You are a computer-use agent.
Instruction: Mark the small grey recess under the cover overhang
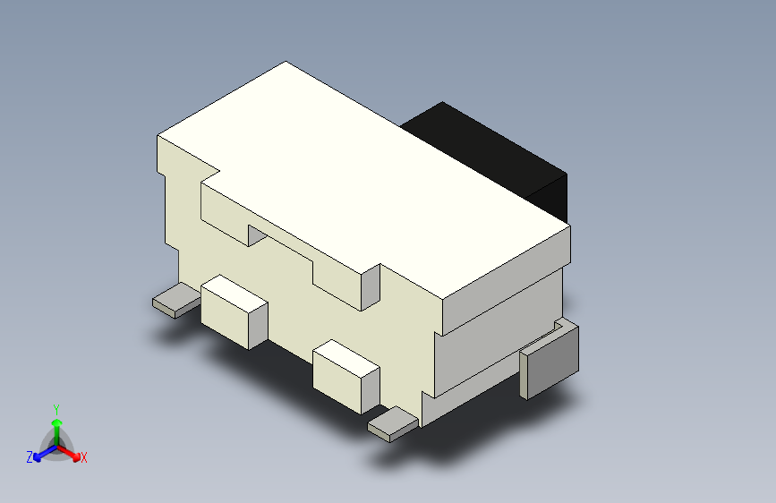point(257,236)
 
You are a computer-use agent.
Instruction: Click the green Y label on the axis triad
point(55,407)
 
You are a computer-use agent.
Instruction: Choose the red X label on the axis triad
point(84,458)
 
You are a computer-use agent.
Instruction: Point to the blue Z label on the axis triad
point(30,457)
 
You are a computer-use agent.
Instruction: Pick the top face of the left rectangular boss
point(235,291)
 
